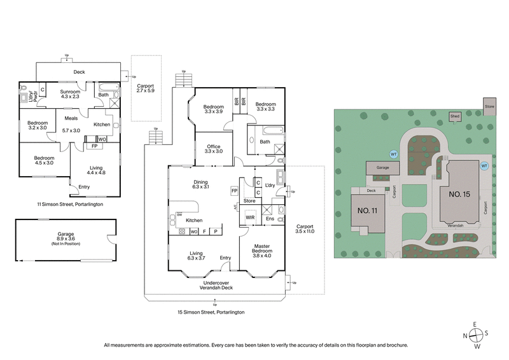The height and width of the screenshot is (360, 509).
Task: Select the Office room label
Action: tap(214, 149)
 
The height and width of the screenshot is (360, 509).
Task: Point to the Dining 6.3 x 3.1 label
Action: tap(201, 184)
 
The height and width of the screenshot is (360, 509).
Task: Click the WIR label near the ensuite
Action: tap(251, 218)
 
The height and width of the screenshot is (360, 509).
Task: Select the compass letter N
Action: tap(466, 336)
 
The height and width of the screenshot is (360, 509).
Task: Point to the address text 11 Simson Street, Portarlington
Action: tap(70, 205)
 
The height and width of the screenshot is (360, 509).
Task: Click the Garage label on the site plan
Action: tap(382, 169)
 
